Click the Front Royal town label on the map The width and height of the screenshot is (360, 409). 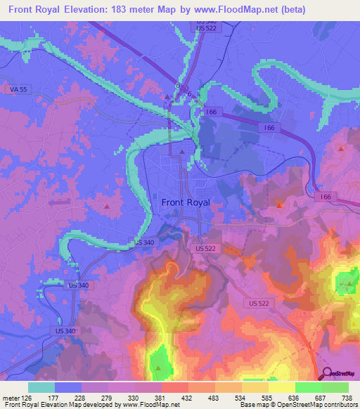186,202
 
